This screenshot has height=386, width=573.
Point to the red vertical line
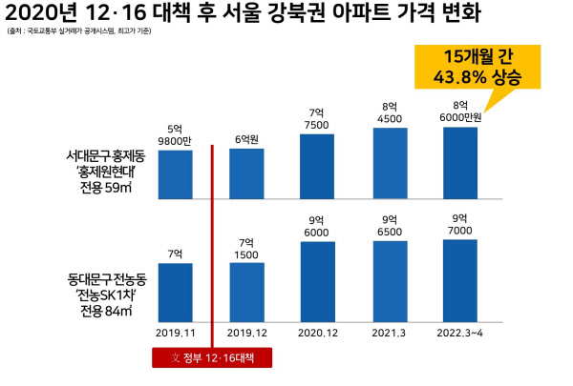click(x=211, y=238)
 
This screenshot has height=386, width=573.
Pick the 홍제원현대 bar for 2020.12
click(x=318, y=163)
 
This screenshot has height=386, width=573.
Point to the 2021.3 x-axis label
click(x=390, y=333)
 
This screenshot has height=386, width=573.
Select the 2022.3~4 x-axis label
click(x=459, y=333)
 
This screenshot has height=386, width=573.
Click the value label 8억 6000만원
click(x=460, y=111)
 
